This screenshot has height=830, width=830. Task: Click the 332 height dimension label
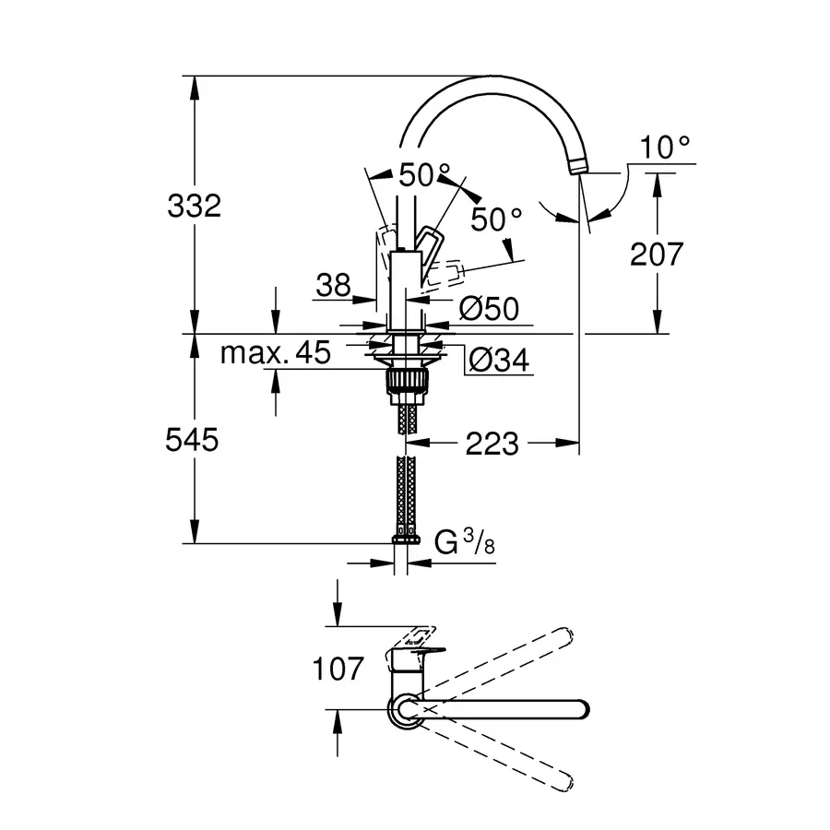pos(194,206)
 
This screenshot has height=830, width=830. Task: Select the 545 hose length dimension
pos(194,441)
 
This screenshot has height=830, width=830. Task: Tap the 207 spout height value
pos(657,254)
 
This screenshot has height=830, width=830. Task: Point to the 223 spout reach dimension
pos(492,445)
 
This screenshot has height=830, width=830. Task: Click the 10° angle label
pos(666,146)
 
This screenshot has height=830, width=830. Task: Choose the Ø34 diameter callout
pos(498,361)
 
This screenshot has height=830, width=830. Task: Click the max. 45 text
pos(275,352)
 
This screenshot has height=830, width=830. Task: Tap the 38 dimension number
pos(333,286)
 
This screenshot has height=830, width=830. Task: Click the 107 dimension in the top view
pos(338,668)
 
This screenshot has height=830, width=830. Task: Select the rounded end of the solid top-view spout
pos(579,709)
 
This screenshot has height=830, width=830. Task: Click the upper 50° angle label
pos(425,173)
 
